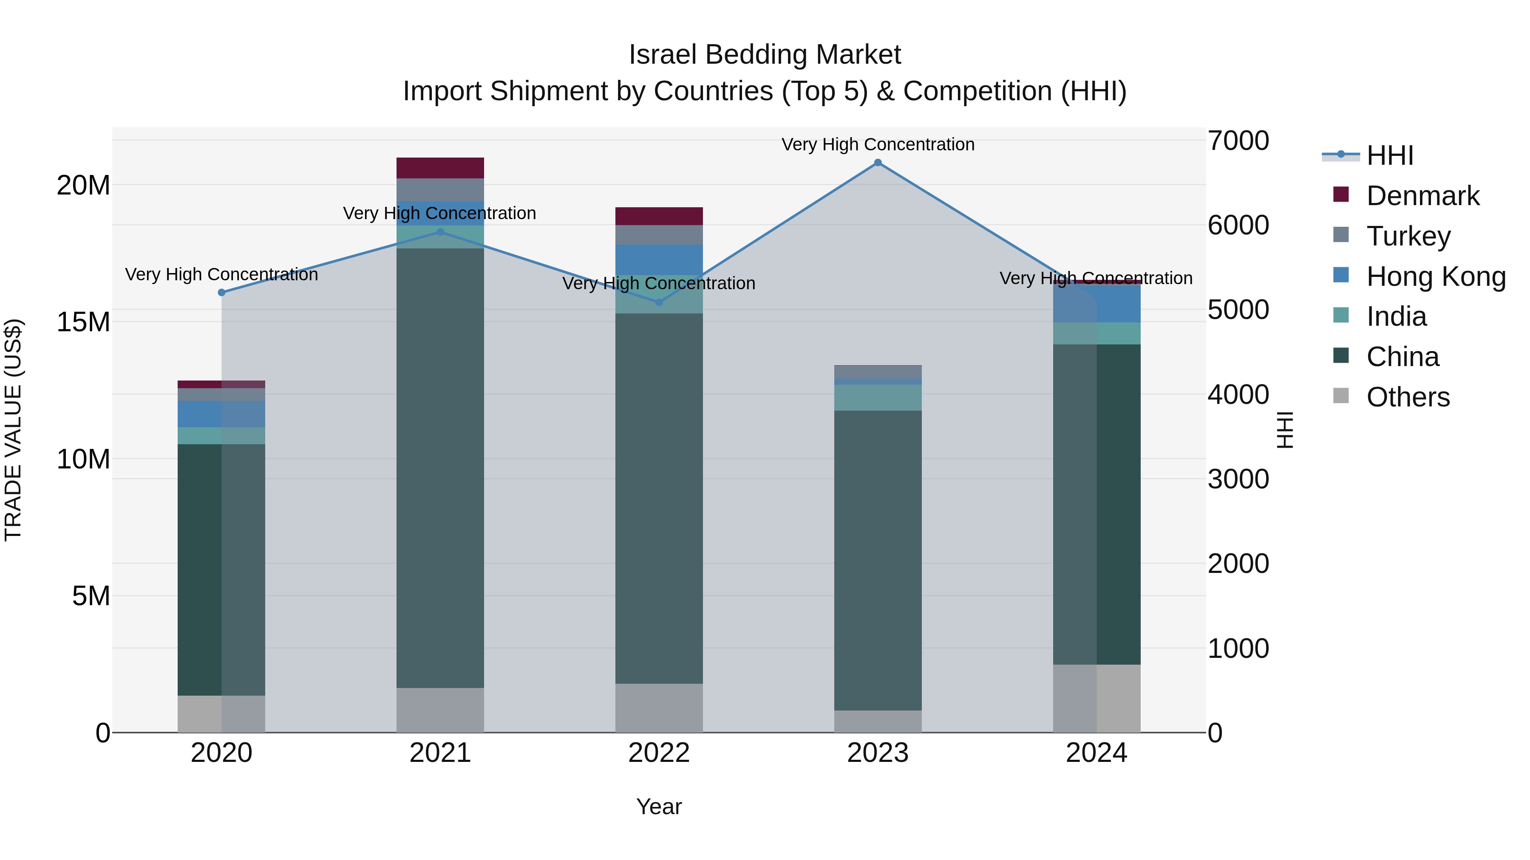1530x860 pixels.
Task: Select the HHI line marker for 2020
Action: tap(221, 293)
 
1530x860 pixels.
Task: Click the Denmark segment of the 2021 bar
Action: tap(440, 168)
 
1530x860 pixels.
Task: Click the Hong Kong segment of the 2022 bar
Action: tap(659, 260)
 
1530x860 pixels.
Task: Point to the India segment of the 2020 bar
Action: tap(221, 436)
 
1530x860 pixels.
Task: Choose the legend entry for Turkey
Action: tap(1408, 236)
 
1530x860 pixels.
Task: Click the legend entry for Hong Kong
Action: tap(1435, 276)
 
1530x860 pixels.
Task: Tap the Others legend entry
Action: tap(1408, 397)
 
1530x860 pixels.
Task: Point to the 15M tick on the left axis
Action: tap(83, 322)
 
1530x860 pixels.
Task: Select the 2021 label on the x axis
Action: tap(440, 753)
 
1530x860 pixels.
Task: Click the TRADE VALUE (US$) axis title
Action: tap(13, 430)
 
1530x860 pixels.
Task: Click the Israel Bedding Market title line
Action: tap(765, 55)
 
